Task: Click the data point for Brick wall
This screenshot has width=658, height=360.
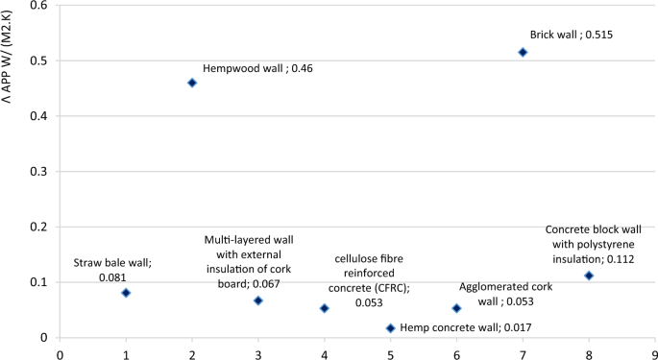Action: pos(523,52)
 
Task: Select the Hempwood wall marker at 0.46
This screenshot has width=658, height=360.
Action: pos(192,83)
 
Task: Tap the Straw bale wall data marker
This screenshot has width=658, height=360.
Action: pos(126,293)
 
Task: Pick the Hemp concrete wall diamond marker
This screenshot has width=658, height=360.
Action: pos(390,328)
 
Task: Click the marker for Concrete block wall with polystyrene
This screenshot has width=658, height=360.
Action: pos(589,276)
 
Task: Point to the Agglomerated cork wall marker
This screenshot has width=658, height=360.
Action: pos(456,308)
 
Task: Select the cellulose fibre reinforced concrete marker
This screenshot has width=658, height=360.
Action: pos(325,308)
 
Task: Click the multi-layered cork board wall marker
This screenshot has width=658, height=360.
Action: pos(257,300)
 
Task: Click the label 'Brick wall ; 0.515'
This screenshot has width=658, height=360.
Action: pos(571,35)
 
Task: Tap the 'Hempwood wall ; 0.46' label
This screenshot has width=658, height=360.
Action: pos(257,69)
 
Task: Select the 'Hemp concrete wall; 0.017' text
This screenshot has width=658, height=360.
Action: pos(465,328)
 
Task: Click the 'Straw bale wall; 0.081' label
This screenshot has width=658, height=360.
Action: pos(112,269)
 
